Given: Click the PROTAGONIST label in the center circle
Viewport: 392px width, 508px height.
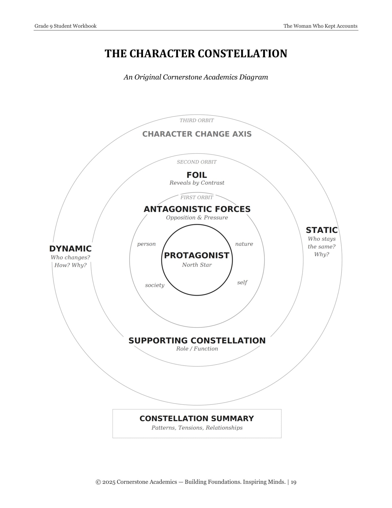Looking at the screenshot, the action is tap(197, 255).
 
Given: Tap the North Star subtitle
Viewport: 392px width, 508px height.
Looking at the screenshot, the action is tap(197, 265).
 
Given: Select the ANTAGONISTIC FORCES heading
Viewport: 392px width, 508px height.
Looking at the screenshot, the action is tap(197, 209).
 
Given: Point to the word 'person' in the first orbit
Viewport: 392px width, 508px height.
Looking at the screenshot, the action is tap(146, 244).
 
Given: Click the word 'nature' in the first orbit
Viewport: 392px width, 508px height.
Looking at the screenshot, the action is tap(244, 244).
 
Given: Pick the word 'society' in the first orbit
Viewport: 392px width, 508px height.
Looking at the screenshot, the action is tap(155, 285).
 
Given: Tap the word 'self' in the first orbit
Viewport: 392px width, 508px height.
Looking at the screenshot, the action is tap(242, 283).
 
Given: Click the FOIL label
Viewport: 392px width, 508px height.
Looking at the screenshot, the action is tap(197, 175).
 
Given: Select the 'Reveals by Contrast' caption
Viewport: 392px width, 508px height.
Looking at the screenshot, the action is tap(197, 183).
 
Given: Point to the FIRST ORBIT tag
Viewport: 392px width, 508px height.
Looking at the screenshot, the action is tap(197, 197).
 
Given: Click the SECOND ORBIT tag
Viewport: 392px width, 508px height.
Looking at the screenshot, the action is tap(197, 162).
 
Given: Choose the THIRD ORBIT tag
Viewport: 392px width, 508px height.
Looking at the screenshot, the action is tap(197, 120).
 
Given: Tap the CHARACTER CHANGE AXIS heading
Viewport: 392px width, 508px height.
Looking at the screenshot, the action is tap(197, 134).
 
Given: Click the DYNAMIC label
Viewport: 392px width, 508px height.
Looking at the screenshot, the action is tap(71, 249).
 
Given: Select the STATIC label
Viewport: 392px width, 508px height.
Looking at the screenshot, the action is tap(322, 230).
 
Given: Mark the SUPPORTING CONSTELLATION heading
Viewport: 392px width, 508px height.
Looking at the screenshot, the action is tap(197, 341).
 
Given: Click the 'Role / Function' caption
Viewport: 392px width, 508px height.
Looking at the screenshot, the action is tap(197, 349).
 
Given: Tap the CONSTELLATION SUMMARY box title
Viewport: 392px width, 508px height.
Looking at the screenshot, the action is tap(197, 419).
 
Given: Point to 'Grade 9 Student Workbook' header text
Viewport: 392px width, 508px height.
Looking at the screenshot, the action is tap(65, 26).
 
